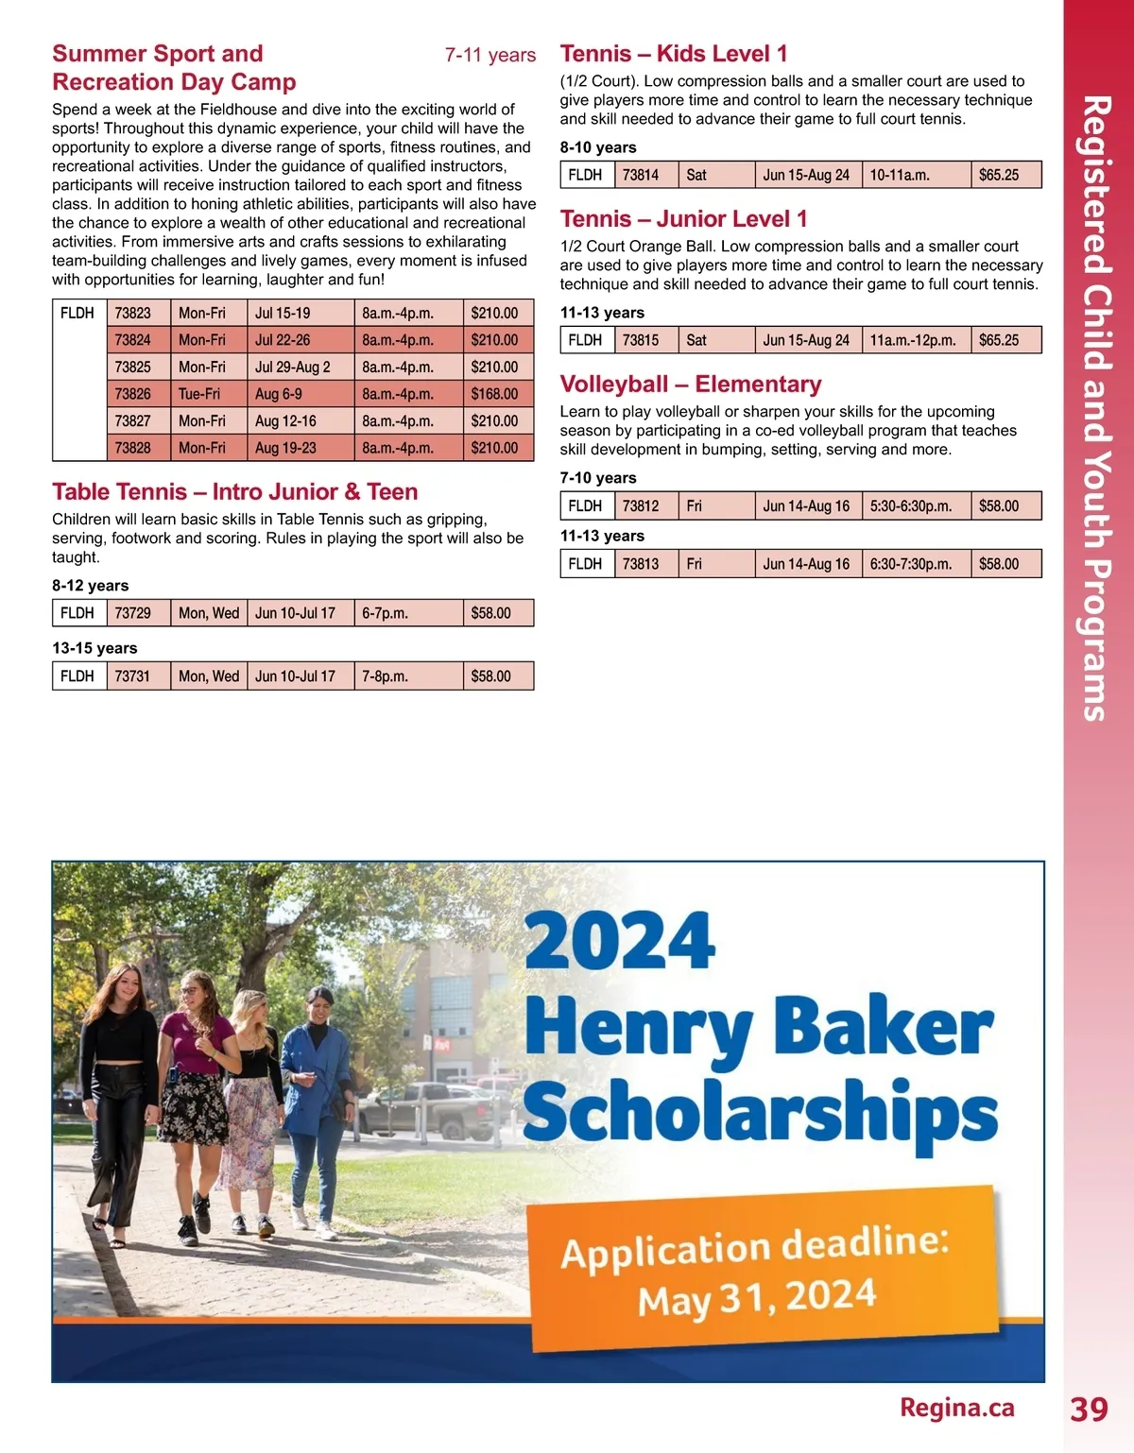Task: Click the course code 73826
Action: click(x=133, y=394)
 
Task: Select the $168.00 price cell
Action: click(x=494, y=394)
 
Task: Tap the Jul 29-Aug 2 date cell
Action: click(x=293, y=367)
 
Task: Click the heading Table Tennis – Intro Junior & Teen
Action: click(x=235, y=492)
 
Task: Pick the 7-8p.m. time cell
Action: click(x=386, y=676)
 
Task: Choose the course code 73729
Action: click(x=133, y=613)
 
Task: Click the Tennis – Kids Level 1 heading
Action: click(x=674, y=54)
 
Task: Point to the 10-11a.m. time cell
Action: click(x=900, y=175)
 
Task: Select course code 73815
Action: click(x=641, y=340)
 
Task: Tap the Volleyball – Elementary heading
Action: click(x=691, y=385)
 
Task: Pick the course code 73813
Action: click(x=641, y=564)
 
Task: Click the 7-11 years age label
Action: click(x=490, y=55)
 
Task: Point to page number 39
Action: click(x=1089, y=1409)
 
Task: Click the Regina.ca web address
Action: click(x=956, y=1408)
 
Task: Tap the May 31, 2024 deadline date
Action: click(x=757, y=1298)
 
